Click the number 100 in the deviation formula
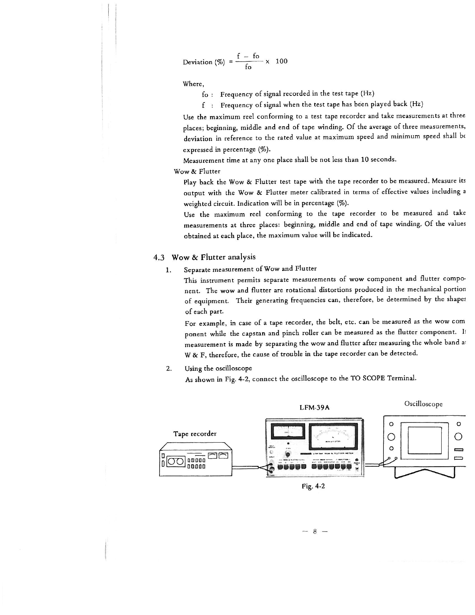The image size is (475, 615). (x=281, y=61)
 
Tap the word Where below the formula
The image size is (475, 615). (x=193, y=84)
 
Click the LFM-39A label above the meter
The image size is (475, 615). (x=315, y=408)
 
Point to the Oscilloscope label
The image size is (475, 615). (x=423, y=404)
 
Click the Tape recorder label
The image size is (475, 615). (x=195, y=433)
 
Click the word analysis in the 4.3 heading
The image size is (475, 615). (x=241, y=257)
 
